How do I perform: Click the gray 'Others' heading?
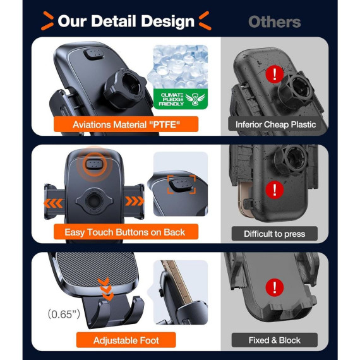coord(274,22)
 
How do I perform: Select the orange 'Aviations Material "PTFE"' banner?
coord(126,124)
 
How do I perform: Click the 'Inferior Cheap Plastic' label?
coord(275,124)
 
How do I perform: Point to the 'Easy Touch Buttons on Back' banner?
coord(126,232)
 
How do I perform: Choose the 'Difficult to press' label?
coord(275,234)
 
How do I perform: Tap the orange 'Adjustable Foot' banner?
coord(126,340)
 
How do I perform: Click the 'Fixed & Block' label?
coord(275,340)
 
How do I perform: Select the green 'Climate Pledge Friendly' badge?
coord(181,99)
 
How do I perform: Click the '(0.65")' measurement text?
coord(64,314)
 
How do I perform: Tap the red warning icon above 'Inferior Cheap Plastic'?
coord(275,74)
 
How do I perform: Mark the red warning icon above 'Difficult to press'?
coord(275,189)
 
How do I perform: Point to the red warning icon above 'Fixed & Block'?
coord(275,287)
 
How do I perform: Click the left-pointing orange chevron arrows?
coord(53,203)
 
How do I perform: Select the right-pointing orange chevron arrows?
coord(135,201)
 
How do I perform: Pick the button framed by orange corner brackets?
coord(181,184)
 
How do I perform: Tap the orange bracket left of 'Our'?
coord(47,21)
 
